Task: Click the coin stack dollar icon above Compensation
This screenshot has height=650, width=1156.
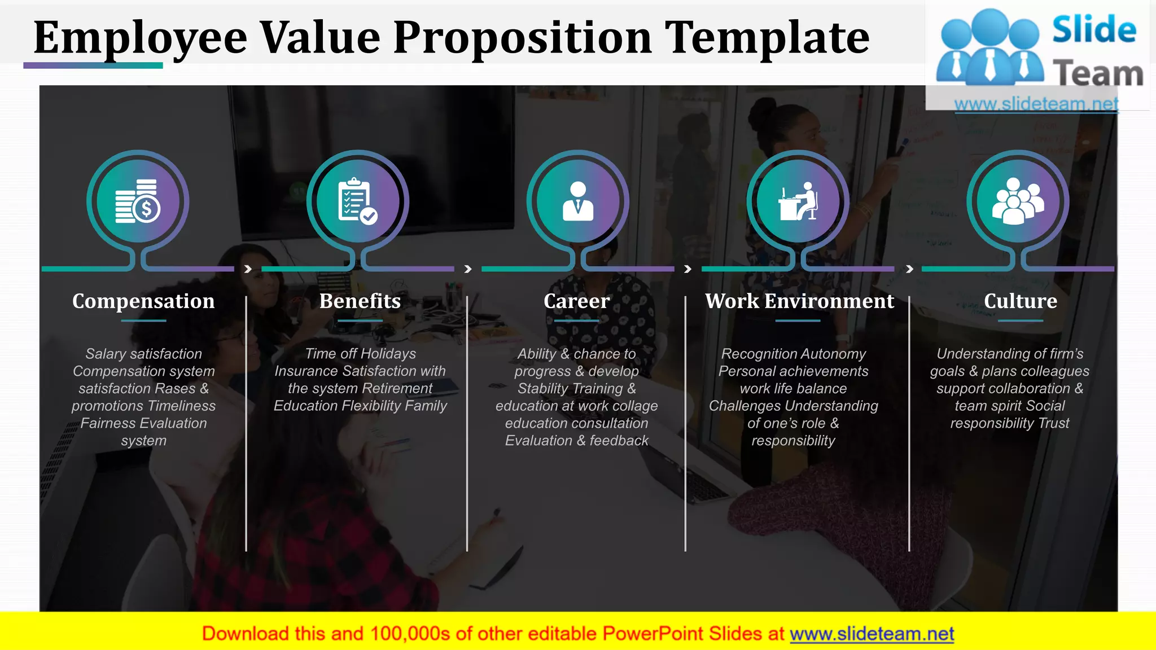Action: [x=138, y=201]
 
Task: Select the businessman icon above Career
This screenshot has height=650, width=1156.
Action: [x=577, y=201]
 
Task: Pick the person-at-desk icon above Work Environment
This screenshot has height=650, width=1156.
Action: [x=798, y=201]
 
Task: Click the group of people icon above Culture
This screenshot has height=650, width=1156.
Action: [x=1018, y=201]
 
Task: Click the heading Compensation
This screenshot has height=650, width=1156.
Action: [x=143, y=301]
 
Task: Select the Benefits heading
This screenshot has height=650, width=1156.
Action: [x=360, y=301]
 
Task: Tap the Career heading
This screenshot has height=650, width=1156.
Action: [x=577, y=301]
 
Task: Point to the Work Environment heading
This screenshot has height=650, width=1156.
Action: [x=799, y=301]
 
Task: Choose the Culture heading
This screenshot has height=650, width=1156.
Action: [x=1021, y=301]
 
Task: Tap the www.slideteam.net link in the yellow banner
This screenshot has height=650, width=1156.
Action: [x=872, y=634]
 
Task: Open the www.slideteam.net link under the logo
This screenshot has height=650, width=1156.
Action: [x=1036, y=104]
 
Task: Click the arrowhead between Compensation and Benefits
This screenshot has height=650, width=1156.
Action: [x=248, y=269]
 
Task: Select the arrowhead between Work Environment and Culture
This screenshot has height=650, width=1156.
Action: [x=909, y=269]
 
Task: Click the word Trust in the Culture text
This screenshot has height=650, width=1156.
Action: [x=1054, y=423]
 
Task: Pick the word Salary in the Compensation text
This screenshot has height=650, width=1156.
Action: [x=106, y=354]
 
